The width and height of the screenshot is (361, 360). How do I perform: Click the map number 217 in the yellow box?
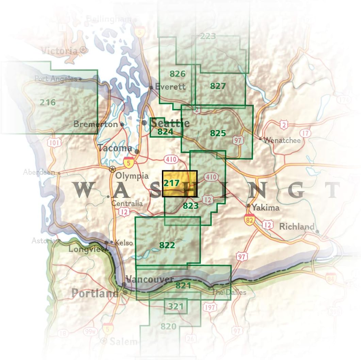171,183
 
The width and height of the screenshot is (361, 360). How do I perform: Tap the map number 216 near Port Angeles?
47,102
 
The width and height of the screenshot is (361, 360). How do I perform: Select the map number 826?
177,74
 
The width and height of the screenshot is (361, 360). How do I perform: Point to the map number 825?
218,133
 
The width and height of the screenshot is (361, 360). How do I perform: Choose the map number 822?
167,245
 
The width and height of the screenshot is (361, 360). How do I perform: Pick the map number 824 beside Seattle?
165,131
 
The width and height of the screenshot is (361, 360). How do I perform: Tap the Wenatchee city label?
282,140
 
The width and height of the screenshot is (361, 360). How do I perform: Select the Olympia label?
132,176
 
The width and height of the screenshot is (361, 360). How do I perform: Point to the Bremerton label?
95,124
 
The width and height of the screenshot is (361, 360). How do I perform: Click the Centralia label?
127,204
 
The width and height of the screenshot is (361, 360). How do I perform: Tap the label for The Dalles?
229,292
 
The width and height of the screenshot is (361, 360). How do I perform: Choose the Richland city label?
296,226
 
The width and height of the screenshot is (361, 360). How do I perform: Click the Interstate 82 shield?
250,220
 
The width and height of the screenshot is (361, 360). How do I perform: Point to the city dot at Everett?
151,87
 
